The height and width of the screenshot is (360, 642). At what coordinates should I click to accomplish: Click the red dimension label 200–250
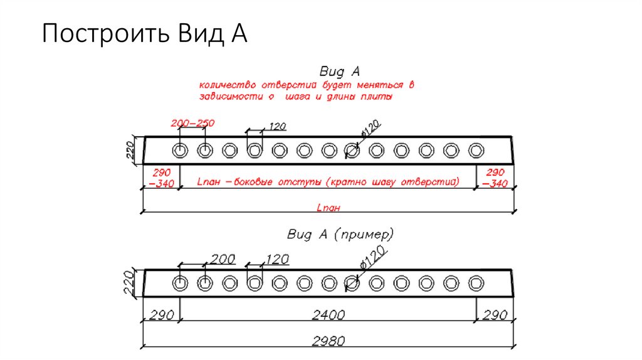coord(192,123)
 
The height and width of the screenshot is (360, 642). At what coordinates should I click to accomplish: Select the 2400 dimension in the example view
coord(329,315)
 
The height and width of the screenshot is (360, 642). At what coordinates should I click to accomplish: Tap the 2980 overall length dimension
coord(329,341)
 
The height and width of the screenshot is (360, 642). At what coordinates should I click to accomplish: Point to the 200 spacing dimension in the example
coord(223,259)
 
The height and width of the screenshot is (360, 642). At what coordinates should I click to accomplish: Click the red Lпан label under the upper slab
coord(329,207)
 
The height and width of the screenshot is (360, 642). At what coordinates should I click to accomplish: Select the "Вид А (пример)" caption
coord(340,235)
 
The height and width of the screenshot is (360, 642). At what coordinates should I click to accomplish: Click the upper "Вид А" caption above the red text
coord(339,71)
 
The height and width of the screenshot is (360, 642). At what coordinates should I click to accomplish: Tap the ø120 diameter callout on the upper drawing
coord(371,129)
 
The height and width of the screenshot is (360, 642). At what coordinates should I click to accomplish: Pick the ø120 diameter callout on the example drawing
coord(373,257)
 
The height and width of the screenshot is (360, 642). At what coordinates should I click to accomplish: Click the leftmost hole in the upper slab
coord(180,151)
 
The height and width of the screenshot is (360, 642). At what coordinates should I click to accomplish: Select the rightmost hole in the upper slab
coord(476,151)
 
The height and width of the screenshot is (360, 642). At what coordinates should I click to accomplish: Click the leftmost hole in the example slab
coord(180,283)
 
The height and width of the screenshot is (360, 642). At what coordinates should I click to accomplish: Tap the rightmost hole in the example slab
coord(476,283)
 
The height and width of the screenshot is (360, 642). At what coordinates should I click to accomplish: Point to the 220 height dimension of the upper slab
coord(130,150)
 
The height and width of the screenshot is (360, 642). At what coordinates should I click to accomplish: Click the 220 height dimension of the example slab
coord(129,283)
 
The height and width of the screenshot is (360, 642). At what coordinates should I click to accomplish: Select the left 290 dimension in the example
coord(162,315)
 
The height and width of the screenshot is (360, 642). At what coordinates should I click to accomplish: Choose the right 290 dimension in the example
coord(495,315)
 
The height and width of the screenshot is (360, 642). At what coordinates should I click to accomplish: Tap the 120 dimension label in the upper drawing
coord(278,126)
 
